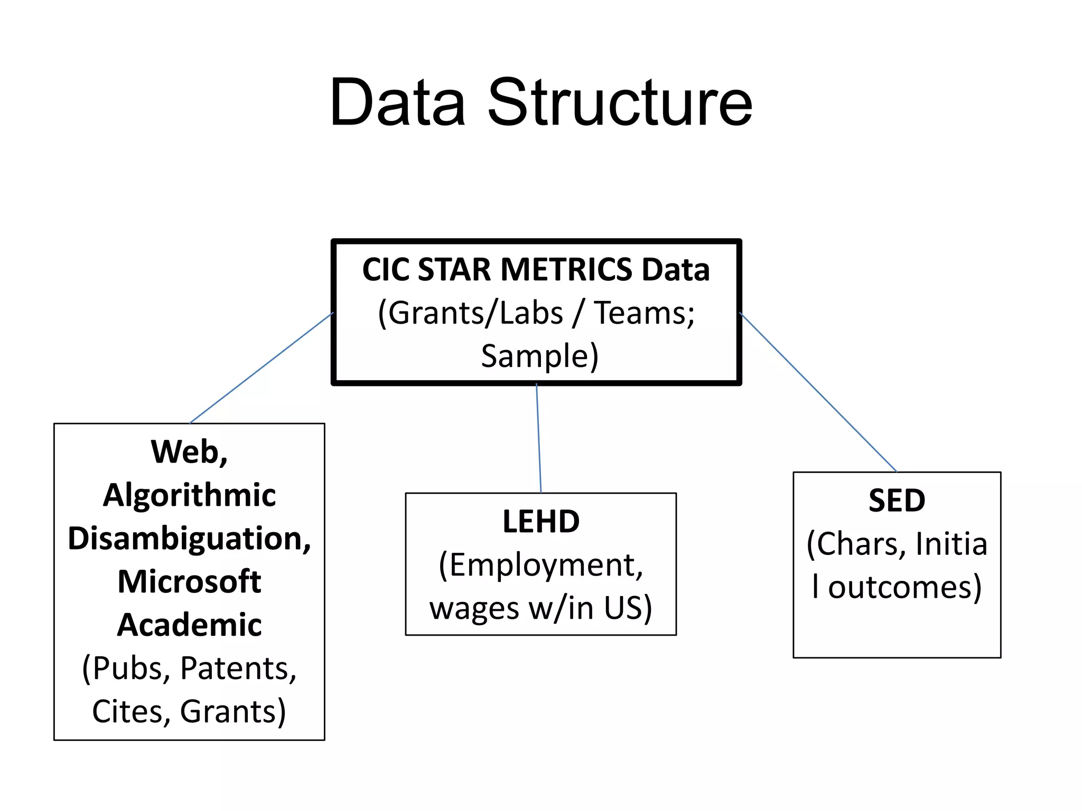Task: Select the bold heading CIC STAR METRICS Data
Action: click(536, 270)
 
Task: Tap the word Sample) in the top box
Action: click(539, 356)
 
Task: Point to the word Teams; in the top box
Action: click(644, 313)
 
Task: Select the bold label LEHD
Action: click(540, 522)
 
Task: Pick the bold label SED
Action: click(897, 500)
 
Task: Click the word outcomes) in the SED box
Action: click(904, 587)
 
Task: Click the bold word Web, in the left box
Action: click(189, 452)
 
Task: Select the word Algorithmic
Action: click(189, 495)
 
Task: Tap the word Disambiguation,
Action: click(189, 539)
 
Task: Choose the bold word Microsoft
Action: click(189, 582)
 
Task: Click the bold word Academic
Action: click(189, 625)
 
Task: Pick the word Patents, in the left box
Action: click(238, 668)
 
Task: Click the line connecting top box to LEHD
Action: click(538, 438)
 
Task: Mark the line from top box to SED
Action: click(818, 392)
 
